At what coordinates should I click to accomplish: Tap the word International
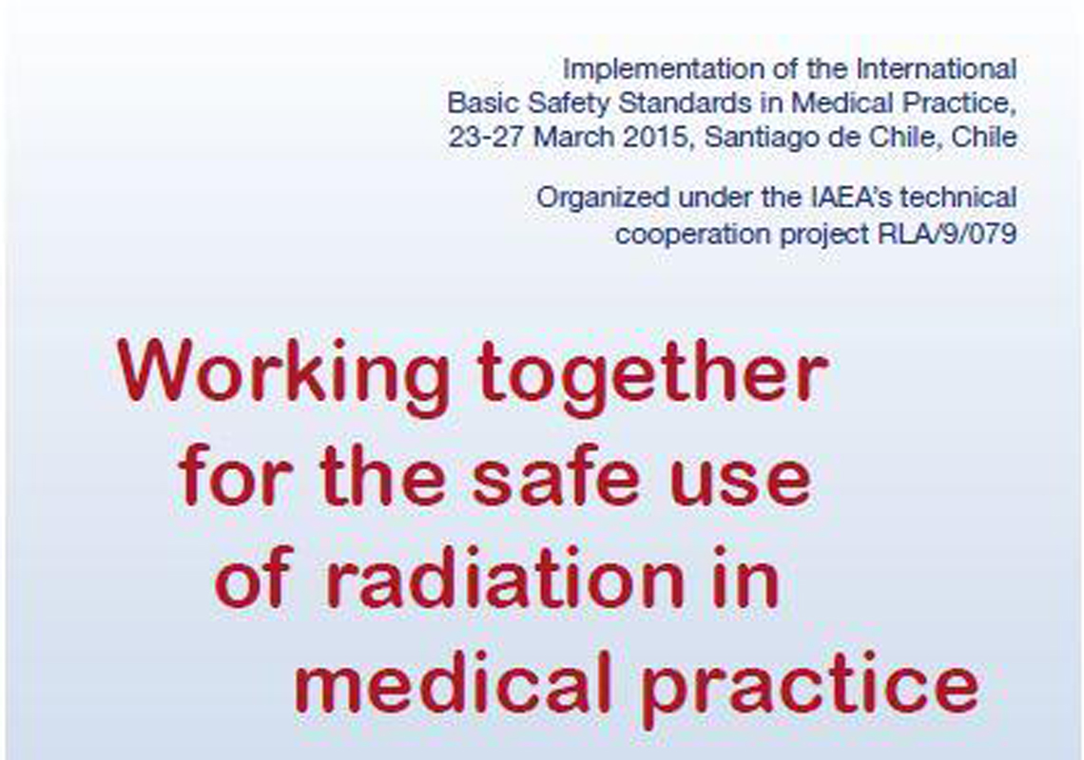(936, 69)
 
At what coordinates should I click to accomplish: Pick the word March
(573, 137)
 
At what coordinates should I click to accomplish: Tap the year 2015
(657, 138)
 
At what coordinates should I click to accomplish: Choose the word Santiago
(761, 137)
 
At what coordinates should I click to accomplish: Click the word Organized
(603, 199)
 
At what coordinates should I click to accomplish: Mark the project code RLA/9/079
(947, 235)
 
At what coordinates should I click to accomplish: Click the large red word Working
(284, 376)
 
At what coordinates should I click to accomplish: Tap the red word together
(652, 376)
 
